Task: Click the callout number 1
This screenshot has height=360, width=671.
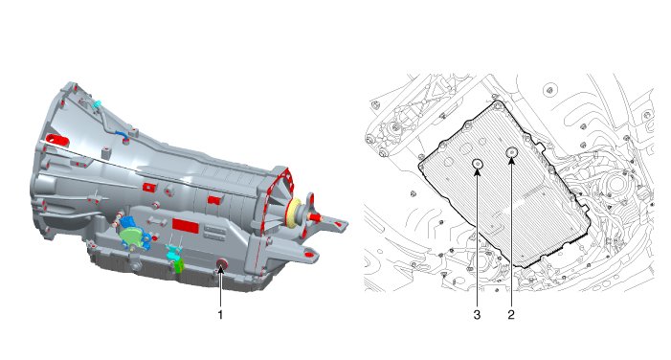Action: click(220, 315)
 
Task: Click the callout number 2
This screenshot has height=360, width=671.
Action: click(511, 315)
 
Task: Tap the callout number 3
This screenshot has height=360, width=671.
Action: click(477, 315)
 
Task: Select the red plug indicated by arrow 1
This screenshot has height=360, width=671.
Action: click(221, 264)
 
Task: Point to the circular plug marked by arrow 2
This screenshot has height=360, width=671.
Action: click(512, 152)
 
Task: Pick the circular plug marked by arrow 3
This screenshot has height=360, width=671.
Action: click(478, 164)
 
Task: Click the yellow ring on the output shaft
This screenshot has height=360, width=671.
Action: click(295, 212)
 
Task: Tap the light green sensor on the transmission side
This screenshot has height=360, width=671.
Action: click(132, 236)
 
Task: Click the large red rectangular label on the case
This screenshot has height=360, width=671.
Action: click(186, 226)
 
